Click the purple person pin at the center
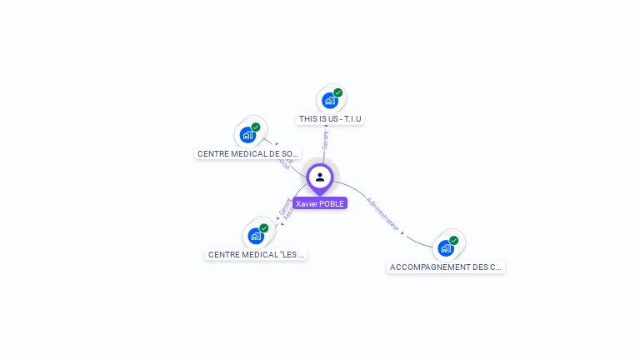pos(320,177)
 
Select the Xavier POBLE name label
pos(320,203)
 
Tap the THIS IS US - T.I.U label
pos(330,119)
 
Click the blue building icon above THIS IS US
pos(330,101)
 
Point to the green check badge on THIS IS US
pos(338,92)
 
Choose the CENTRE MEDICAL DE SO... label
pos(247,154)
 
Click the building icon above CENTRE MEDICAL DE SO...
pos(247,135)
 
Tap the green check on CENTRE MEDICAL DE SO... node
pos(256,127)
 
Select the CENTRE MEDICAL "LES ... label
pos(256,254)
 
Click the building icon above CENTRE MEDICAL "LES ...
pos(256,236)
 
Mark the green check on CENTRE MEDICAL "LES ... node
pos(264,227)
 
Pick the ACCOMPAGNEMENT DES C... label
pos(446,267)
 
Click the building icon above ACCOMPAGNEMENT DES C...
pos(446,248)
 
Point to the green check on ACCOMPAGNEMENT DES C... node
pos(454,240)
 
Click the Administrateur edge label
pos(382,214)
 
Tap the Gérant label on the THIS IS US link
pos(325,140)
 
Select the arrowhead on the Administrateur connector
pos(402,233)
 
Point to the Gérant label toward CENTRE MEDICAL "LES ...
pos(285,206)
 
